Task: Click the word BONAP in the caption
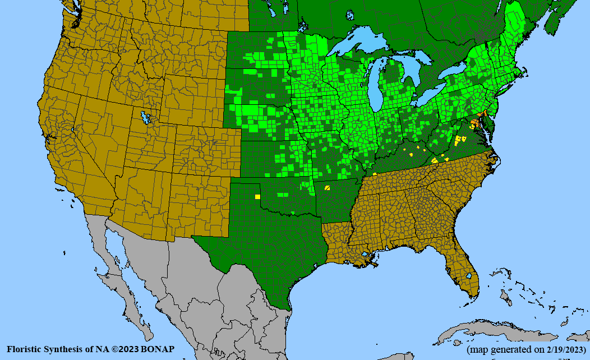coord(158,349)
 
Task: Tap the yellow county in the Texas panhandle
coord(257,197)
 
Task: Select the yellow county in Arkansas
coord(327,188)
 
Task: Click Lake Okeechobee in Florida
coord(468,275)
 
